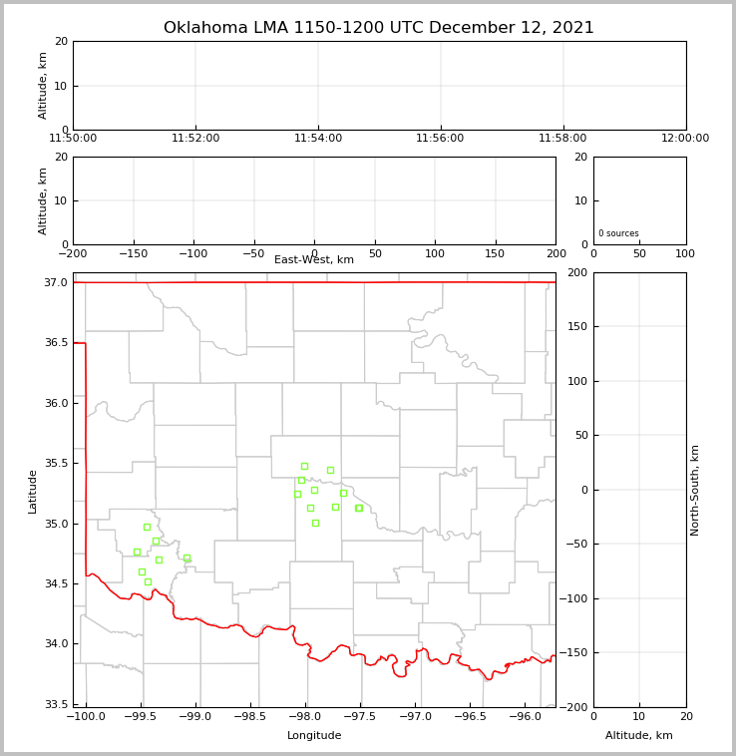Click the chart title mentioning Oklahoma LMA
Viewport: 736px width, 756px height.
tap(378, 28)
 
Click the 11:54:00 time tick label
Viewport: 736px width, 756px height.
tap(318, 139)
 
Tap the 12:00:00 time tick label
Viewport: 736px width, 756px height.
tap(685, 139)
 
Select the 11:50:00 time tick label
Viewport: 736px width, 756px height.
tap(73, 139)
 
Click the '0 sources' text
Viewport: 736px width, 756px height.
tap(618, 233)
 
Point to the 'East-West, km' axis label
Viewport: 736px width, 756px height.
tap(314, 260)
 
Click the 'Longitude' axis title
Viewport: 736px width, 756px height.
tap(314, 736)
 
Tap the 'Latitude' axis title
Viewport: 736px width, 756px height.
tap(33, 491)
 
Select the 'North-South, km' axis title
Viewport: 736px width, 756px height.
tap(695, 490)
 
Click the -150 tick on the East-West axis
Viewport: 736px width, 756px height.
tap(133, 254)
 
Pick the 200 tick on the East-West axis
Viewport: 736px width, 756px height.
tap(555, 254)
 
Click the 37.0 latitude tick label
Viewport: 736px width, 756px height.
tap(56, 283)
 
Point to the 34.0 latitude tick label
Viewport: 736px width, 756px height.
tap(56, 644)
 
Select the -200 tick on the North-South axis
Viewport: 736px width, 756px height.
tap(576, 707)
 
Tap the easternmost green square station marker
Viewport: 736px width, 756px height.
tap(359, 508)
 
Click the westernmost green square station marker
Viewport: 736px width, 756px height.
tap(137, 552)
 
